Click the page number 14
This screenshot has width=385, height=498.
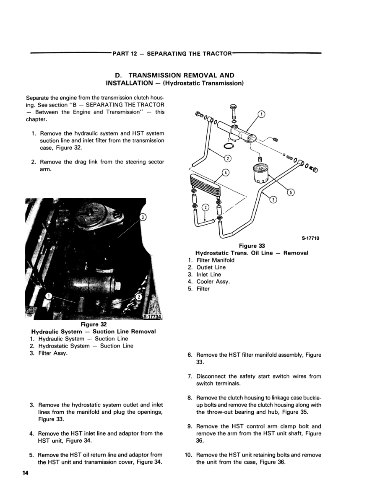click(25, 473)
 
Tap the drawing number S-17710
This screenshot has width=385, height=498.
click(311, 238)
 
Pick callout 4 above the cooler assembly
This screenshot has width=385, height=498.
click(226, 173)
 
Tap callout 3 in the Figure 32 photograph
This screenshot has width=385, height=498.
click(143, 217)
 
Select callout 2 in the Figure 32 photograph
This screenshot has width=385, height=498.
click(139, 298)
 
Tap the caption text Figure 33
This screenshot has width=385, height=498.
click(252, 246)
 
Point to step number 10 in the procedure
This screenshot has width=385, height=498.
click(188, 455)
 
